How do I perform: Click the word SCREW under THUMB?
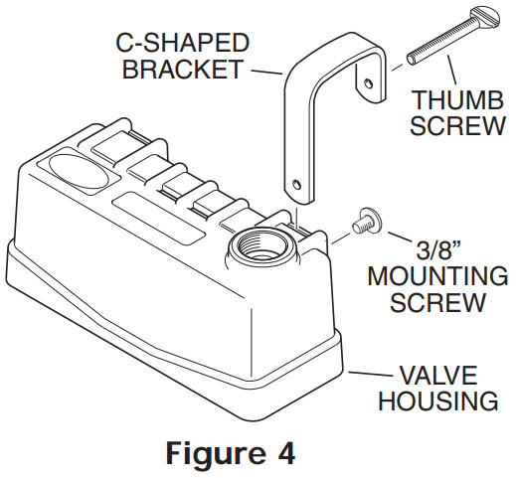tap(453, 128)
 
